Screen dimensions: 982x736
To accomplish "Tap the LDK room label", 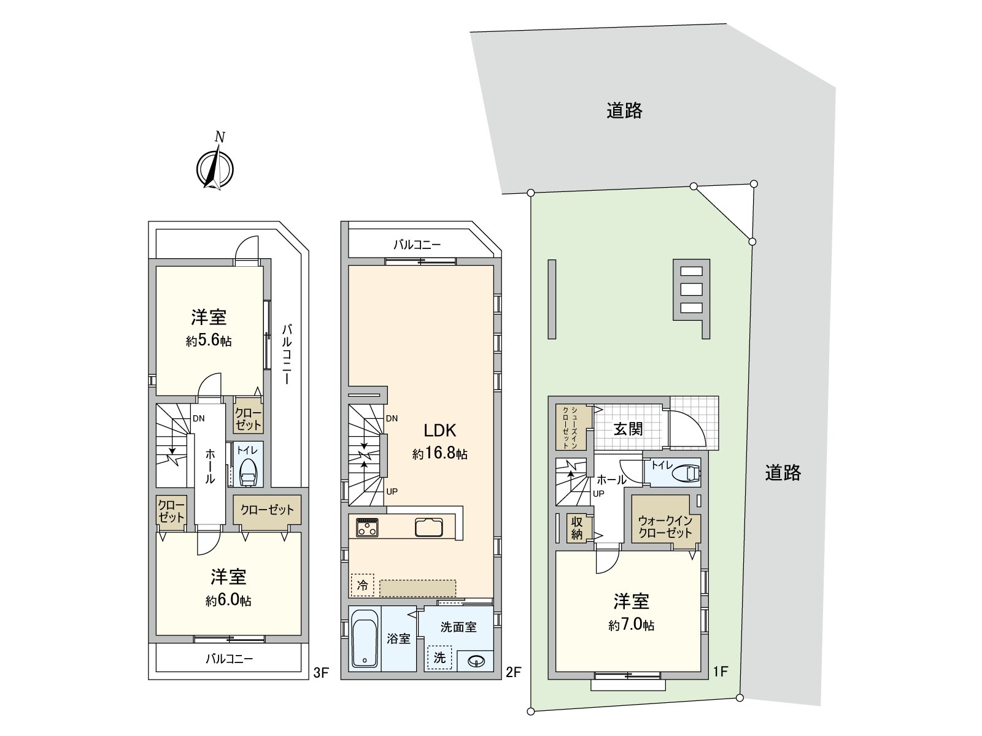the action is [440, 431].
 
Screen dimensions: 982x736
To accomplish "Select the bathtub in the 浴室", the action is [365, 638].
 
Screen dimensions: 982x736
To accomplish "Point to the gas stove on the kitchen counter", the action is [367, 527].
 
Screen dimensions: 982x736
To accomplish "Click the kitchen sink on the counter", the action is [428, 527].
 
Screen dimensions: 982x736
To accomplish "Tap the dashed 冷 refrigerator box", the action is [362, 585].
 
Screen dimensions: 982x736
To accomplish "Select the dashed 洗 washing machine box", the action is [439, 657].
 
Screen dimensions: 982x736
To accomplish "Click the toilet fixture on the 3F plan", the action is [249, 472].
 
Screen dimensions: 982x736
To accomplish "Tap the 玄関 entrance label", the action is [628, 429].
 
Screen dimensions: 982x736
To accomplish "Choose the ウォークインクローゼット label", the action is [665, 526].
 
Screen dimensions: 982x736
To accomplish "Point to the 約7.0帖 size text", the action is [632, 625].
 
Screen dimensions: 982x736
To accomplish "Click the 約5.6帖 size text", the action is [209, 340].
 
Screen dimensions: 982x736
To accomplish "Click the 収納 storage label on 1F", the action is [577, 527].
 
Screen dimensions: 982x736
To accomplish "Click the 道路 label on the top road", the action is [625, 110].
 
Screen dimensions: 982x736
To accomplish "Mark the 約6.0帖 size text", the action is [228, 600].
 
